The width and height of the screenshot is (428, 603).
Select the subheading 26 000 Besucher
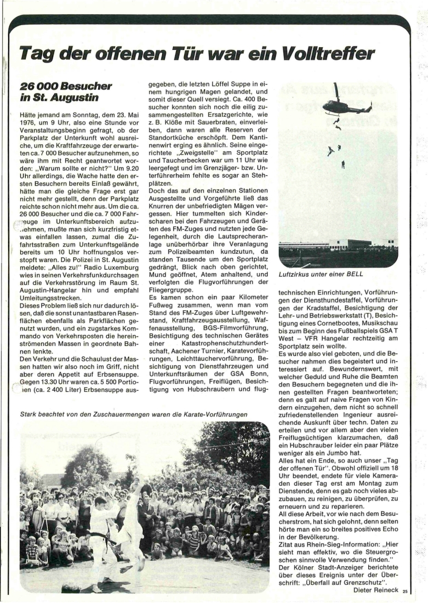click(66, 86)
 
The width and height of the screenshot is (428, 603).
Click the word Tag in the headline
click(37, 54)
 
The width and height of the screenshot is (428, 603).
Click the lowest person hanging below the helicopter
click(343, 163)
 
